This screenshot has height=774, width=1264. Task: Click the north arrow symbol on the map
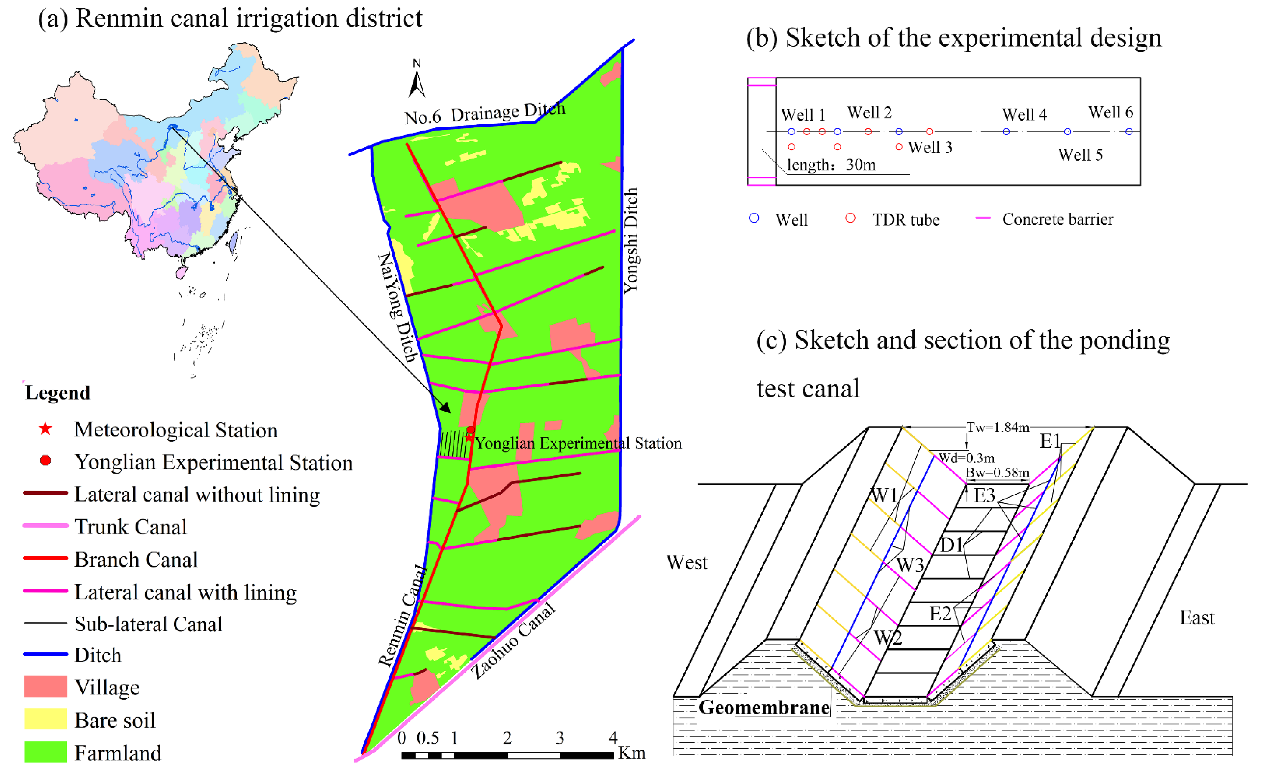coord(417,82)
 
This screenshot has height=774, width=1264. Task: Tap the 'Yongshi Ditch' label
coord(631,240)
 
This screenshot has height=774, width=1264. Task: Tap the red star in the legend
coord(45,429)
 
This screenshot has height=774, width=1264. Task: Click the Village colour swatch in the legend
coord(45,686)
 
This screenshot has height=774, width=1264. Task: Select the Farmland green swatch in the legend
coord(45,752)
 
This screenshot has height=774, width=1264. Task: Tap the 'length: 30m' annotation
coord(831,165)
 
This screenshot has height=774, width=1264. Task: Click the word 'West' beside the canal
coord(686,563)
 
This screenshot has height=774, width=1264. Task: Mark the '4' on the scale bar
coord(612,738)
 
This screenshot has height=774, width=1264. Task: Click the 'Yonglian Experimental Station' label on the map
coord(578,443)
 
